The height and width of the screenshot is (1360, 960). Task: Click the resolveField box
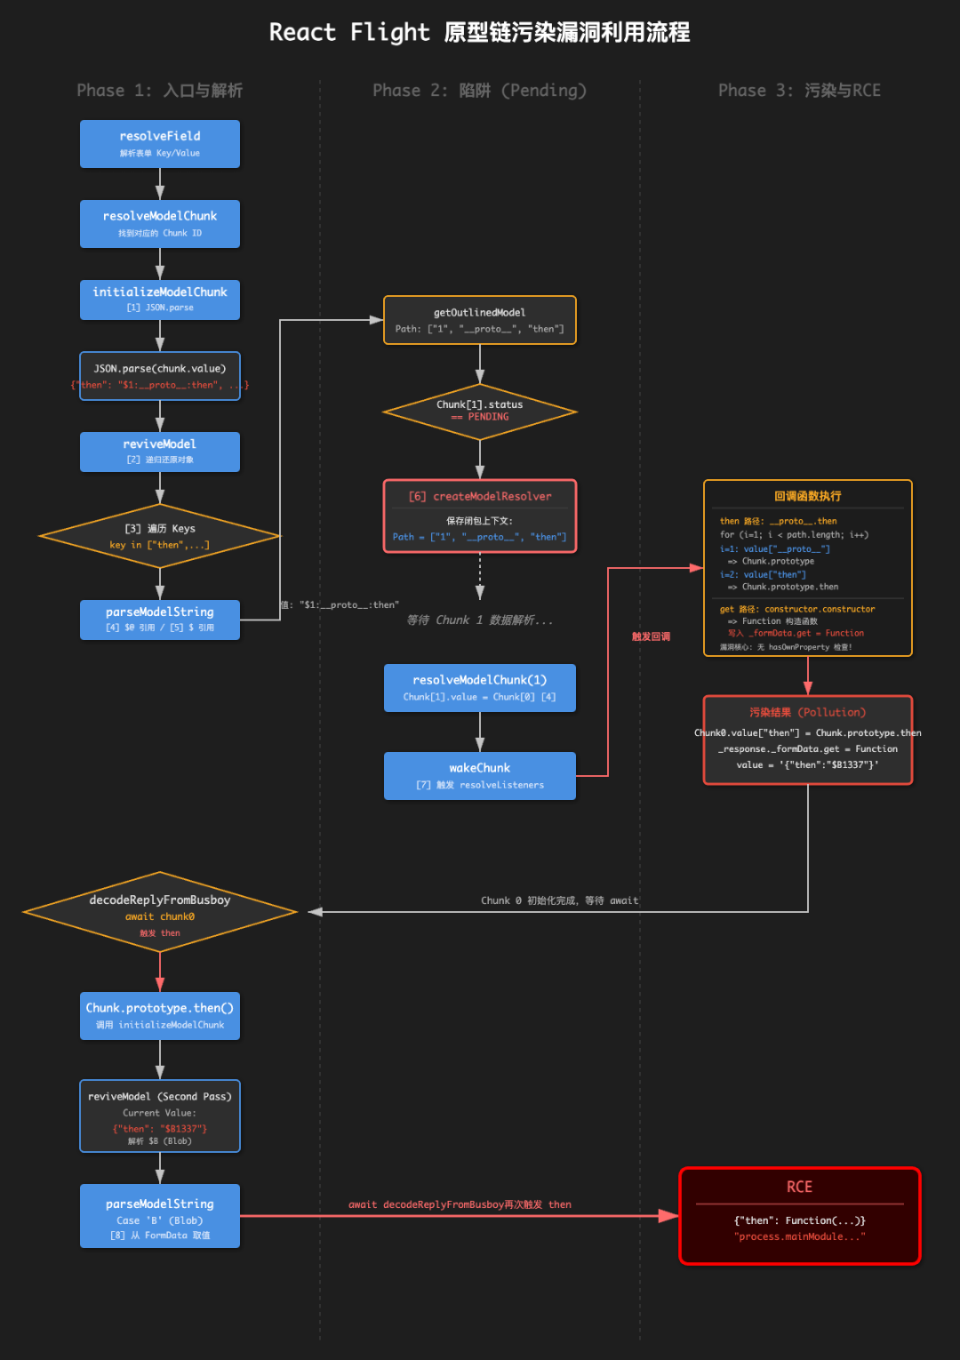tap(160, 143)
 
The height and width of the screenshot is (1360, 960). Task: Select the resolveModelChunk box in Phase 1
tap(160, 223)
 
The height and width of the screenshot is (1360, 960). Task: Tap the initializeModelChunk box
tap(160, 300)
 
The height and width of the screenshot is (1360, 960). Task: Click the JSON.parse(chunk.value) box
tap(160, 376)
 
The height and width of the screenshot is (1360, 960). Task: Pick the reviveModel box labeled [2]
tap(160, 451)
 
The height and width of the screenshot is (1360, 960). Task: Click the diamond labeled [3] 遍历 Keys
tap(160, 536)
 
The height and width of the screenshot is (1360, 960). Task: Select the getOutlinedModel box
tap(480, 320)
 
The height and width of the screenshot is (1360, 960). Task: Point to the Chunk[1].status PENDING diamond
tap(480, 411)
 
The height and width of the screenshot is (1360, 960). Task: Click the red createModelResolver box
tap(480, 516)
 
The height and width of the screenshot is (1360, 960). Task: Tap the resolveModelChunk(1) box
tap(480, 687)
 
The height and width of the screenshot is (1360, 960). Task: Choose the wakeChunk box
tap(480, 775)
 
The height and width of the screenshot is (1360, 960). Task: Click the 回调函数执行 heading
tap(807, 496)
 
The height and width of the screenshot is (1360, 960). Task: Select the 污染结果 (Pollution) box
tap(807, 740)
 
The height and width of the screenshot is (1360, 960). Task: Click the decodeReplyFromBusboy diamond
tap(160, 911)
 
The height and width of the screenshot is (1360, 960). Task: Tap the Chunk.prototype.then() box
tap(160, 1015)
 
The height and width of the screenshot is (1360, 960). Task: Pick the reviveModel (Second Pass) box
tap(160, 1116)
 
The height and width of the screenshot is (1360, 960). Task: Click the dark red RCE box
tap(800, 1214)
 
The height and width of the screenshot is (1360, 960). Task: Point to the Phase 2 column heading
tap(480, 91)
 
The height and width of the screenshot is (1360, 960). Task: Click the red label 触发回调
tap(651, 636)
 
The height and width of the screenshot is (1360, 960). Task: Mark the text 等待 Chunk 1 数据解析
tap(480, 620)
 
